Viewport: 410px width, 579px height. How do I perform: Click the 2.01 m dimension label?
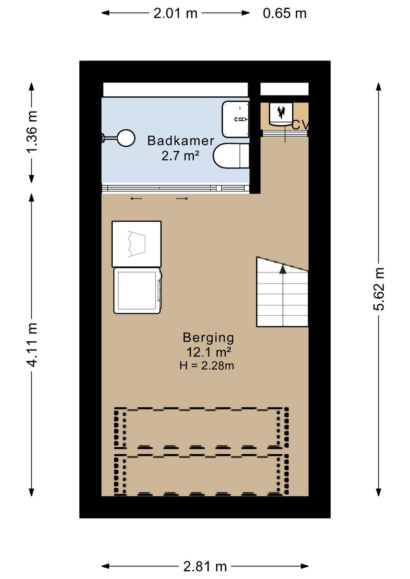tap(175, 13)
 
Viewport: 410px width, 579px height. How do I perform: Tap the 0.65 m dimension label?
tap(285, 13)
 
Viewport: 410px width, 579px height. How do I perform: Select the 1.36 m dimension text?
tap(32, 132)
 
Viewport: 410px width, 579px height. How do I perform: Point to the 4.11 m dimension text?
tap(32, 345)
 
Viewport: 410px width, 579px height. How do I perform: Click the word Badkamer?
tap(181, 141)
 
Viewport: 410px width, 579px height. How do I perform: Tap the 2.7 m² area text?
tap(180, 156)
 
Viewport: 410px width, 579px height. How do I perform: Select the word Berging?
tap(208, 338)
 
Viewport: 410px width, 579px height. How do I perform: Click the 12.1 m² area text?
tap(208, 352)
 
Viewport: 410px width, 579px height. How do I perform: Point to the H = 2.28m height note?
tap(207, 366)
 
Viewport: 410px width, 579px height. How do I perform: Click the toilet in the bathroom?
tap(231, 156)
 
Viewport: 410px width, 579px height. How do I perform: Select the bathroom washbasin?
tap(235, 119)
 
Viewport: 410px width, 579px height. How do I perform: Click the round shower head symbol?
tap(126, 138)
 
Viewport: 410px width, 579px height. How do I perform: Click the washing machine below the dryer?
tap(137, 291)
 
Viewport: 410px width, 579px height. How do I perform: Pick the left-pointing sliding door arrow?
tap(136, 198)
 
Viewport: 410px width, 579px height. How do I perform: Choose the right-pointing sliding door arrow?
tap(182, 198)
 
